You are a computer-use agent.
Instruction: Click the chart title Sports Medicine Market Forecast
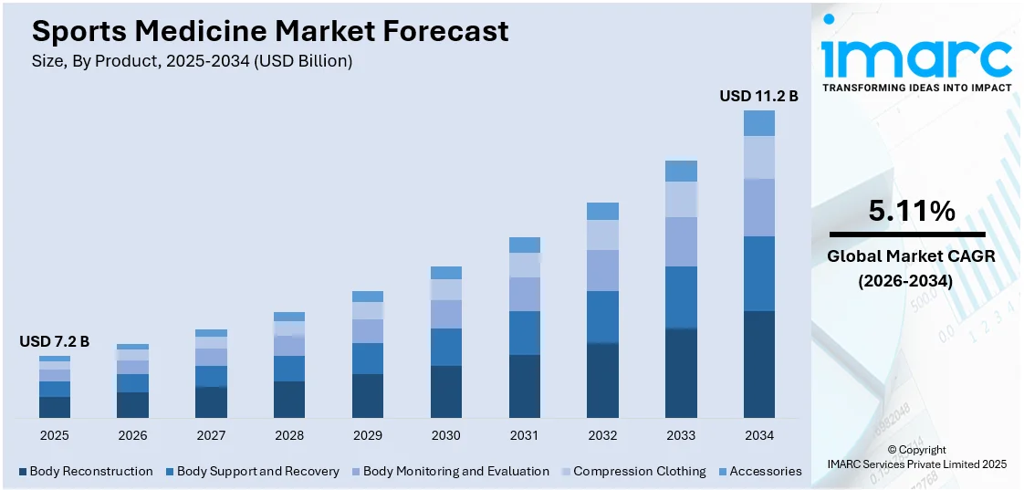(x=270, y=31)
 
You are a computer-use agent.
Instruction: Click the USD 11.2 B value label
(x=758, y=96)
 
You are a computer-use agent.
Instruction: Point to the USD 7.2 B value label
(x=55, y=341)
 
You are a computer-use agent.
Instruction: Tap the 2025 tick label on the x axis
(x=55, y=435)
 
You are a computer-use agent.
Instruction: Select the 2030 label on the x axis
(x=446, y=435)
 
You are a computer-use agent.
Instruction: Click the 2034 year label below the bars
(x=759, y=435)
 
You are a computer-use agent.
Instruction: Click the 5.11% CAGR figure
(x=912, y=212)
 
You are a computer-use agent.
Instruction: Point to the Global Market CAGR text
(x=911, y=256)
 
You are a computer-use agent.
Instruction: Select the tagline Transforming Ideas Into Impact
(x=917, y=88)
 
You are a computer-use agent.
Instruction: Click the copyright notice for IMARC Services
(x=916, y=457)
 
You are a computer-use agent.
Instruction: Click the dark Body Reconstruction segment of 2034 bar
(x=759, y=364)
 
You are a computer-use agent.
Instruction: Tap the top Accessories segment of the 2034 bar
(x=759, y=123)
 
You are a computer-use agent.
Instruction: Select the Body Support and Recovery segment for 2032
(x=602, y=317)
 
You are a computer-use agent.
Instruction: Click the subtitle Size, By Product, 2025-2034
(x=192, y=61)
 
